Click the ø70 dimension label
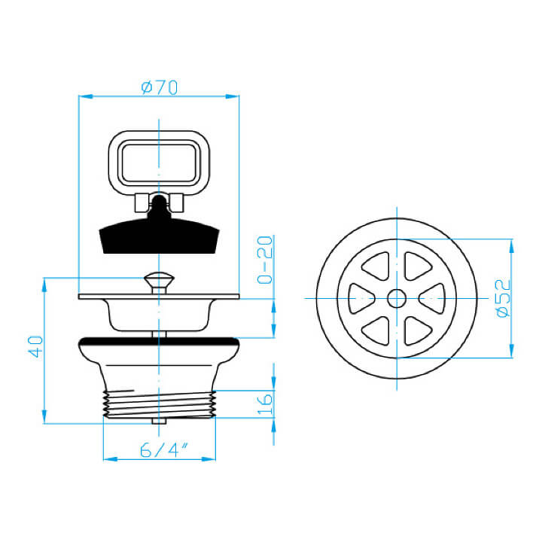point(160,88)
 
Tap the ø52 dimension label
point(503,298)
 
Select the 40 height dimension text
point(35,346)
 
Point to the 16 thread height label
point(265,403)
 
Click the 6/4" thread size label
point(164,450)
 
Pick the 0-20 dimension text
point(265,260)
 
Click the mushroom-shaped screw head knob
point(159,281)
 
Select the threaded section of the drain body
point(160,404)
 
